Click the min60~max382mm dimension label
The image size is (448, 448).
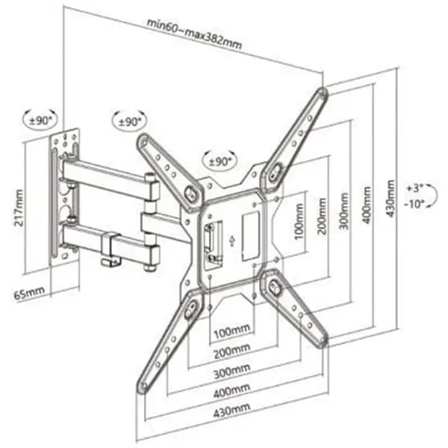coord(194,34)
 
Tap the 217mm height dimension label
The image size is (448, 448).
coord(19,208)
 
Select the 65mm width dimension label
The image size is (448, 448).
coord(29,292)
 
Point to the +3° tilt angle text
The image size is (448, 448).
coord(416,188)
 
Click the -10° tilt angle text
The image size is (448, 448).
coord(414,204)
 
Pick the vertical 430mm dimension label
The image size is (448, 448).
coord(390,198)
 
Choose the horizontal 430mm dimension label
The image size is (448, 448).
coord(231,410)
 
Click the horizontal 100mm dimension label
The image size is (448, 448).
coord(232,331)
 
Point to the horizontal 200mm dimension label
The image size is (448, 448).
coord(232,351)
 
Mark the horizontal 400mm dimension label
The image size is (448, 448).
coord(231,391)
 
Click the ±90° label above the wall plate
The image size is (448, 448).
coord(40,120)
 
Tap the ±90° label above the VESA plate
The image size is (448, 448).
coord(220,162)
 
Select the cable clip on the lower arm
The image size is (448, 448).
coord(111,248)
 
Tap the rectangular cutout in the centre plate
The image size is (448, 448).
coord(251,236)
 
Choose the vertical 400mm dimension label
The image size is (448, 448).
coord(367,205)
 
